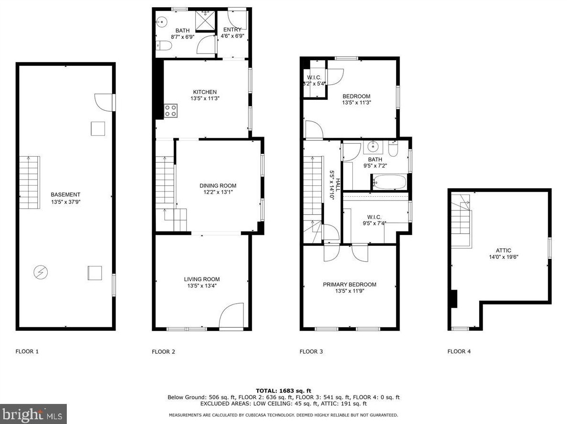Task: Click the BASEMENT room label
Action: coord(65,194)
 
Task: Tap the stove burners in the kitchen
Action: coord(171,111)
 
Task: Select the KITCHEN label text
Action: coord(205,92)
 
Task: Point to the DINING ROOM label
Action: coord(218,186)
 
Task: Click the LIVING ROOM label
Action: coord(202,279)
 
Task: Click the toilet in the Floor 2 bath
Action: coord(164,46)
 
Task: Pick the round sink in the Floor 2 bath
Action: coord(162,21)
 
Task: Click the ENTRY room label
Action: coord(232,30)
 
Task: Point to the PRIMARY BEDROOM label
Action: coord(350,285)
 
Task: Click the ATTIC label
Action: coord(504,250)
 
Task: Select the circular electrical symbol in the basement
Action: coord(41,272)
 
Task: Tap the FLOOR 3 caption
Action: coord(311,351)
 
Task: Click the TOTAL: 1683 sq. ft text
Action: coord(283,391)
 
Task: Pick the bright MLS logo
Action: coord(33,414)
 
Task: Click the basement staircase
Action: coord(29,183)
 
